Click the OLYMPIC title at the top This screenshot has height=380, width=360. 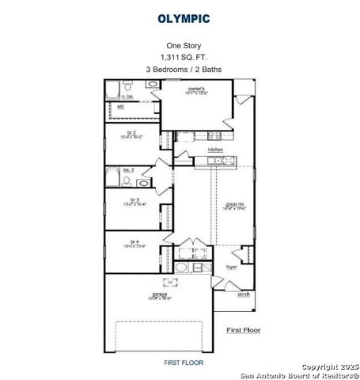(x=183, y=17)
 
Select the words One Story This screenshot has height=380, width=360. (x=183, y=46)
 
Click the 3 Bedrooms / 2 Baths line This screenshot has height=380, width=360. (x=183, y=70)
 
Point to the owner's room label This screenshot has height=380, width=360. (x=196, y=89)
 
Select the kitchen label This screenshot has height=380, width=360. (x=215, y=149)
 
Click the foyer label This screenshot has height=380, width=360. (x=232, y=267)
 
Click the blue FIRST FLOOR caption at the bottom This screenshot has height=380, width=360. (x=183, y=362)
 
